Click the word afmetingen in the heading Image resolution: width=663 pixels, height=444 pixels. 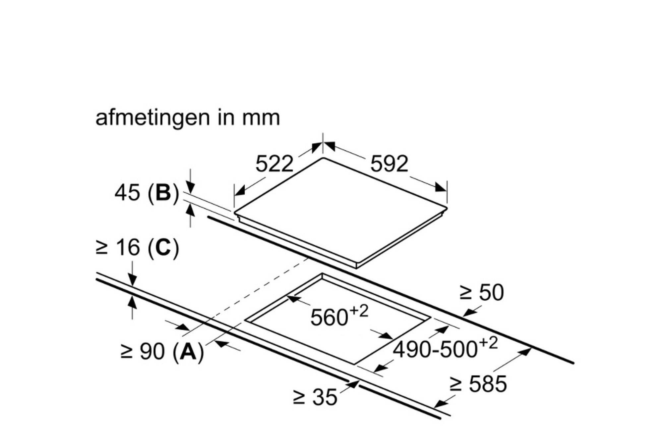click(152, 119)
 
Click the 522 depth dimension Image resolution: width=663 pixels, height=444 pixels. click(274, 164)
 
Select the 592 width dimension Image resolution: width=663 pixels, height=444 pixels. click(389, 164)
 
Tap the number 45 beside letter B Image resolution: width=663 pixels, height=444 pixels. click(127, 193)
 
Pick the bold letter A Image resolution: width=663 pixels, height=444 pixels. click(188, 351)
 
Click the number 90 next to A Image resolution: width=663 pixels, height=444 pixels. click(152, 351)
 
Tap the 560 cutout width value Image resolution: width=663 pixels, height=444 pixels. click(329, 318)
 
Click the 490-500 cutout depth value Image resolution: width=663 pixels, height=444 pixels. click(435, 350)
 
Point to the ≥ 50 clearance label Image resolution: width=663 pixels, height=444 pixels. click(481, 292)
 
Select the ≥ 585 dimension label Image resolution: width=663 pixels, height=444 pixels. click(478, 384)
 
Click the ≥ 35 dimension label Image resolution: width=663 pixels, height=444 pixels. click(315, 397)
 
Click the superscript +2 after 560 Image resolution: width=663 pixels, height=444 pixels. click(359, 311)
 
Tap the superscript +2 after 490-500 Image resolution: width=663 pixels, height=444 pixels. click(488, 343)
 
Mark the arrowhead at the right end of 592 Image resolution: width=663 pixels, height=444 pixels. click(441, 187)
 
